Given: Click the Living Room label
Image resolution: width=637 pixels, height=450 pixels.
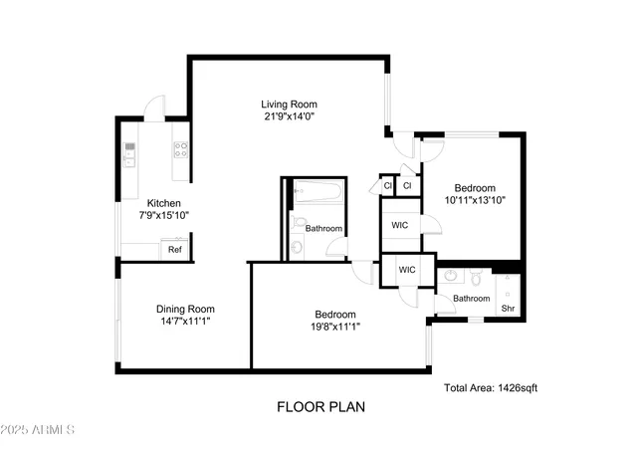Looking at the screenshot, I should [290, 105].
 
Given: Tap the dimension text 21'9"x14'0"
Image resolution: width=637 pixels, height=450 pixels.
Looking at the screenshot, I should [290, 117].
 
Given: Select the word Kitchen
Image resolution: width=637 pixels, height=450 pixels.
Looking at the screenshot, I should [164, 203].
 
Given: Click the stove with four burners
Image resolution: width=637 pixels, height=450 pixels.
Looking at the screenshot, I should [182, 150].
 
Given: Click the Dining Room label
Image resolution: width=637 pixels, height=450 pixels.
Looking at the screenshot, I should [184, 309].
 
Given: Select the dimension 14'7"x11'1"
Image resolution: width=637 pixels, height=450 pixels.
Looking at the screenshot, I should [184, 322].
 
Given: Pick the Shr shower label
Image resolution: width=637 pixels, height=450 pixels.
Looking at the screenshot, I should [508, 309].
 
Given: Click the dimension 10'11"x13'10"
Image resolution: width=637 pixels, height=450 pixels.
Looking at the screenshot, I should [475, 200].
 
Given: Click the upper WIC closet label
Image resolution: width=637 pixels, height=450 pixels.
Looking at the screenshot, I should [400, 226].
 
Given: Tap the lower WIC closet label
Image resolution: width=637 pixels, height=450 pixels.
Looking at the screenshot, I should [407, 270].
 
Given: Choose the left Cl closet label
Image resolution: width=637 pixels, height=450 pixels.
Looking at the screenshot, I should [386, 186].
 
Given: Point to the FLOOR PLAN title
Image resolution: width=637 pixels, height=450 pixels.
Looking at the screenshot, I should [320, 406].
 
